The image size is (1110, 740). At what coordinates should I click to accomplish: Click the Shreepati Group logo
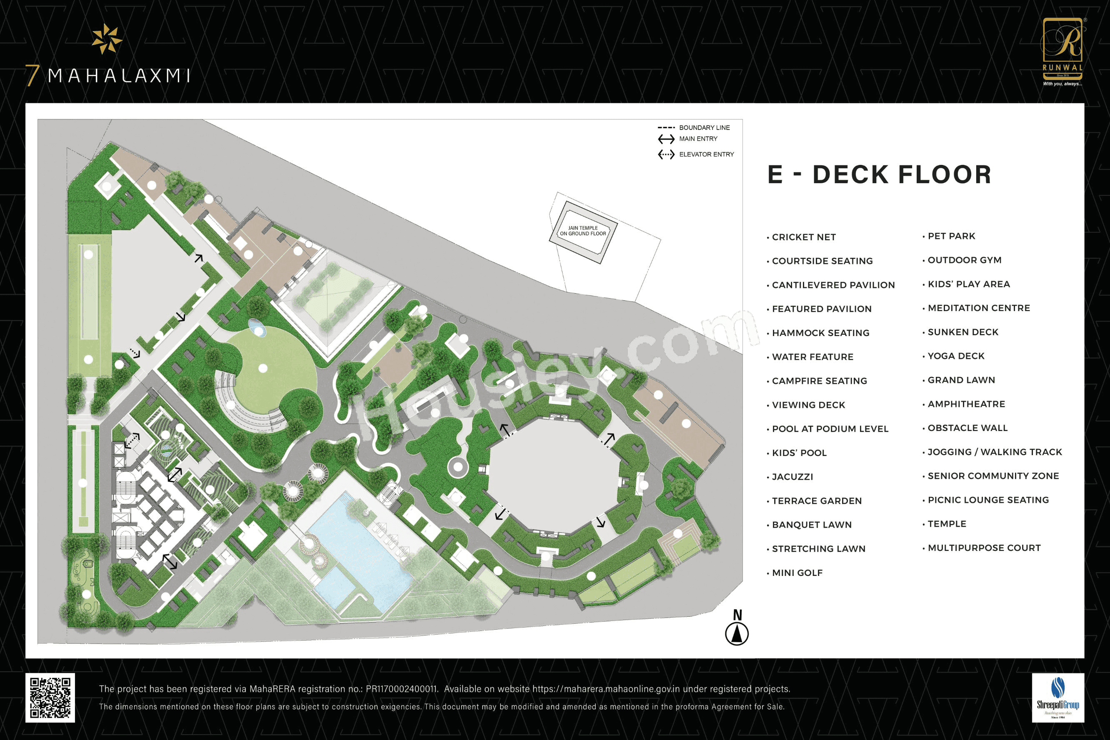[x=1057, y=697]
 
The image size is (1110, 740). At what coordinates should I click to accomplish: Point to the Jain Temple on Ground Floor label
[x=582, y=231]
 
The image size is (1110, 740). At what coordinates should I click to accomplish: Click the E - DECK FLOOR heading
[x=879, y=174]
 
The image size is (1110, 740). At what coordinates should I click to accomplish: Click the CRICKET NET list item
[x=804, y=237]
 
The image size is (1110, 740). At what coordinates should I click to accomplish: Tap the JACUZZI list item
[x=792, y=477]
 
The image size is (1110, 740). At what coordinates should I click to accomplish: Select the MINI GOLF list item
[x=797, y=573]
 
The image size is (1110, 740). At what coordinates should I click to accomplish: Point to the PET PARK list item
[x=951, y=236]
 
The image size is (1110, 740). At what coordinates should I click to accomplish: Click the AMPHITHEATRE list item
[x=966, y=404]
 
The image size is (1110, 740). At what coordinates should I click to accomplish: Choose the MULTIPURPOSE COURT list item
[x=984, y=548]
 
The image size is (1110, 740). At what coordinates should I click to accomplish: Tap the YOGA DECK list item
[x=955, y=356]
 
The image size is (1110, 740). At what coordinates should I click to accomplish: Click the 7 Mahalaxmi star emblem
[x=107, y=39]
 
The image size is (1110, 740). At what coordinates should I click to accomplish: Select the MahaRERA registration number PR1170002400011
[x=402, y=689]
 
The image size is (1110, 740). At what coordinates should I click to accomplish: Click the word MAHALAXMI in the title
[x=119, y=75]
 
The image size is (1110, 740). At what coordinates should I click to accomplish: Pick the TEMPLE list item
[x=947, y=524]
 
